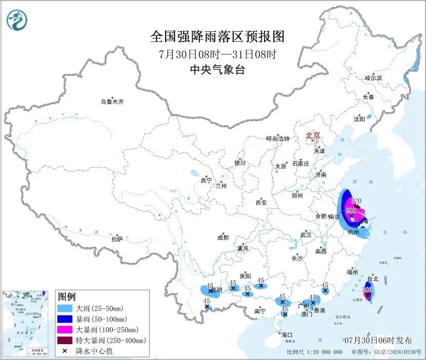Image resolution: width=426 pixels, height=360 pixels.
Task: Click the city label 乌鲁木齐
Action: coord(112,102)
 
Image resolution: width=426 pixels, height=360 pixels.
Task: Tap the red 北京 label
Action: coord(313,135)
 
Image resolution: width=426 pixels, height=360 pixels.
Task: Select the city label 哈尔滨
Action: coord(373,78)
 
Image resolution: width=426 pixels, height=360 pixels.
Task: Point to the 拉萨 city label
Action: coord(117,238)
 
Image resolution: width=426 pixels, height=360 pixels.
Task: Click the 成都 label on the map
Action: coord(223,237)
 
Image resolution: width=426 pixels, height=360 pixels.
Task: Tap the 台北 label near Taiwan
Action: coord(373,279)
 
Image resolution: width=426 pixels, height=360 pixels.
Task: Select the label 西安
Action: coord(261,202)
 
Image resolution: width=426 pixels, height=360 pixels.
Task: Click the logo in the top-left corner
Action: coord(17,20)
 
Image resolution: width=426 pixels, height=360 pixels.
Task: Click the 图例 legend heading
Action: coord(67,296)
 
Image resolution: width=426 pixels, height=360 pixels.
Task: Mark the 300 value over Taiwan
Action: coord(367,289)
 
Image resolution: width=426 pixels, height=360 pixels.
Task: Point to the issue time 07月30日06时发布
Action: coord(378,340)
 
